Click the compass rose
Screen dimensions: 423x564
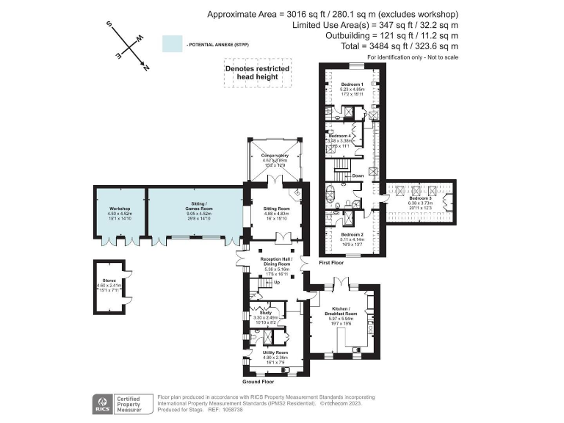pos(130,46)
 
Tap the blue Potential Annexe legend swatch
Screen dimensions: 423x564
pos(172,44)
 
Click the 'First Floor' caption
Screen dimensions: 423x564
pos(332,262)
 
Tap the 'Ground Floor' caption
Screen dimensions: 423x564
pos(258,382)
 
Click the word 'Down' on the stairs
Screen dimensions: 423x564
pos(358,176)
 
